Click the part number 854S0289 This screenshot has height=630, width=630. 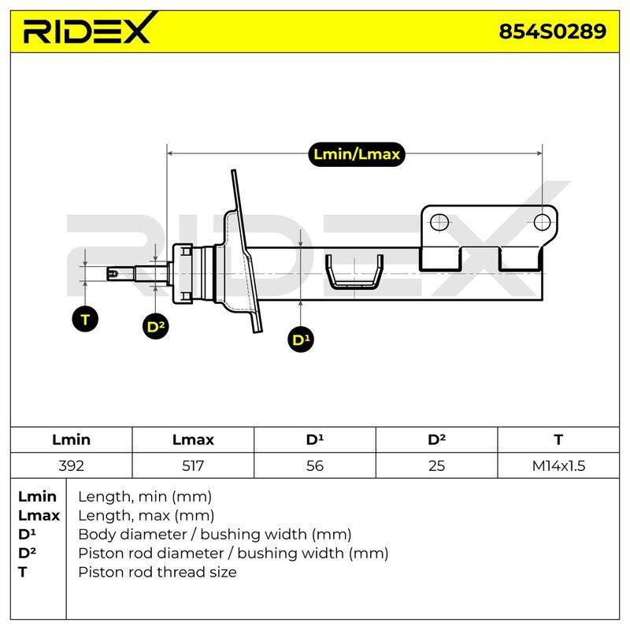coord(553,31)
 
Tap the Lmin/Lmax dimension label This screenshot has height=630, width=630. coord(357,154)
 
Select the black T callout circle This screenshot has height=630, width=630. coord(85,320)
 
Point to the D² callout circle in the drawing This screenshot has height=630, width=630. coord(155,326)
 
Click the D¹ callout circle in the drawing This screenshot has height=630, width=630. coord(301,339)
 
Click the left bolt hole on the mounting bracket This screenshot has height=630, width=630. coord(439,222)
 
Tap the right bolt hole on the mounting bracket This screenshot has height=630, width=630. coord(542,222)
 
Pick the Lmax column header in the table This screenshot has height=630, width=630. coord(193,440)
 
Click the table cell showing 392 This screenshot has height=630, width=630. coord(71,465)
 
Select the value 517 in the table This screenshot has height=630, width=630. coord(193,465)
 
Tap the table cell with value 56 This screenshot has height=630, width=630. coord(314,465)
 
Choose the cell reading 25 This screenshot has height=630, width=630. coord(436,465)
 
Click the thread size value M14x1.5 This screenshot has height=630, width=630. coord(558,465)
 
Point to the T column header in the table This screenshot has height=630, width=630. coord(558,440)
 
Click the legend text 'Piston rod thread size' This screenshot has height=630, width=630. coord(157,573)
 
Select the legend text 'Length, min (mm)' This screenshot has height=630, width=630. coord(145,497)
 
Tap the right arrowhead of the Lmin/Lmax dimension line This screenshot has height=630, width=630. coord(539,153)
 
